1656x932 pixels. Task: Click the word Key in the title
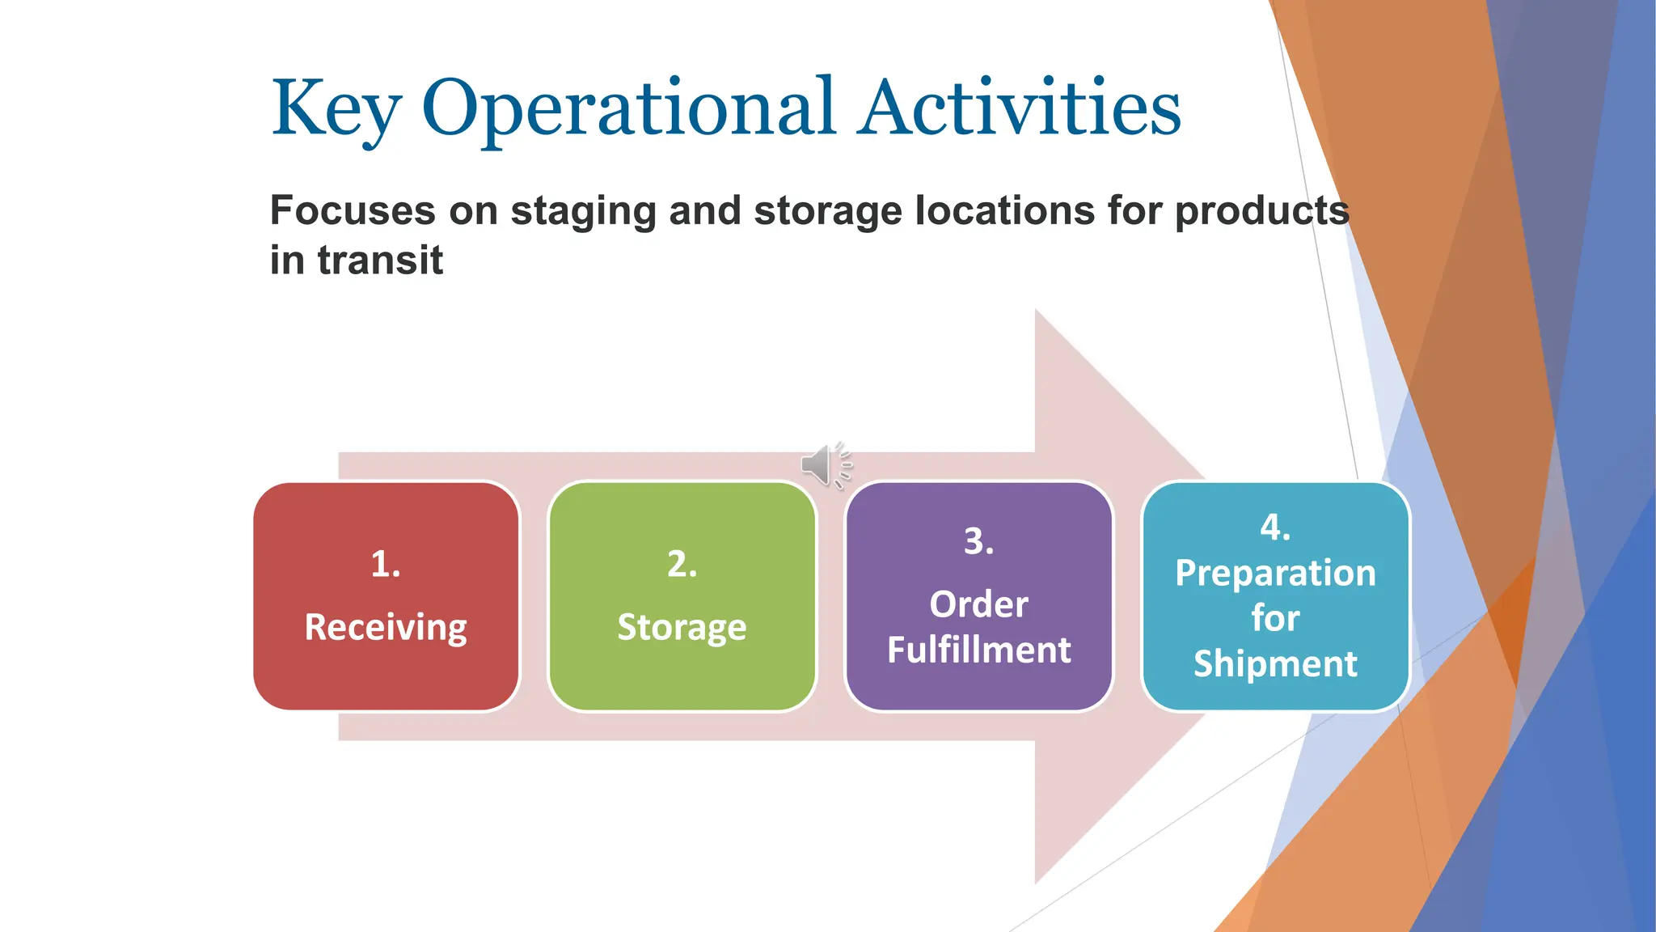336,109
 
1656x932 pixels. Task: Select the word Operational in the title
628,109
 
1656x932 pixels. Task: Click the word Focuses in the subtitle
353,210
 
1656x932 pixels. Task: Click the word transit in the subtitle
380,261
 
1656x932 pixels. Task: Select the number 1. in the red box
386,564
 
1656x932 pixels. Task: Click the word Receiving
386,628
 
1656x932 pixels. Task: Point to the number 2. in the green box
682,564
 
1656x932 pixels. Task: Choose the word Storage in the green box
682,628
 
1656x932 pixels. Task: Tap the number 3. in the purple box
978,541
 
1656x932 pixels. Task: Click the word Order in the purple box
978,604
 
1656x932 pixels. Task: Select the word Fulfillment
978,650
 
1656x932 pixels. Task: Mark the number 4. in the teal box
1275,527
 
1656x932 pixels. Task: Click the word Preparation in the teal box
1275,574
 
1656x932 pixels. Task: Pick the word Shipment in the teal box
1275,663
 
